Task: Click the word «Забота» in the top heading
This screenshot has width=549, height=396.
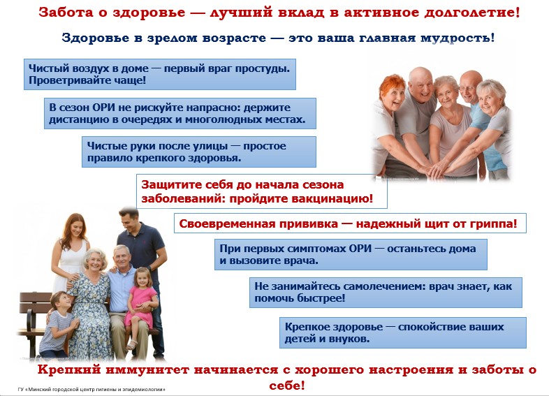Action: (66, 13)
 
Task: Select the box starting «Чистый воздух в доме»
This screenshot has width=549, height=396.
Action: (160, 74)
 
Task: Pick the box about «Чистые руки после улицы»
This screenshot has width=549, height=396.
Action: (199, 152)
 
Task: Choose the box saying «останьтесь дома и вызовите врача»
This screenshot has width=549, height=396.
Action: (351, 254)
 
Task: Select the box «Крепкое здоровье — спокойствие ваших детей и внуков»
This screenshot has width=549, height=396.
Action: (402, 332)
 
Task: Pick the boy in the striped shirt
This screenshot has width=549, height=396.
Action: (58, 325)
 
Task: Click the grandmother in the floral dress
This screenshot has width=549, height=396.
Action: (91, 305)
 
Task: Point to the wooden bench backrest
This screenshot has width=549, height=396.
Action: (35, 304)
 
